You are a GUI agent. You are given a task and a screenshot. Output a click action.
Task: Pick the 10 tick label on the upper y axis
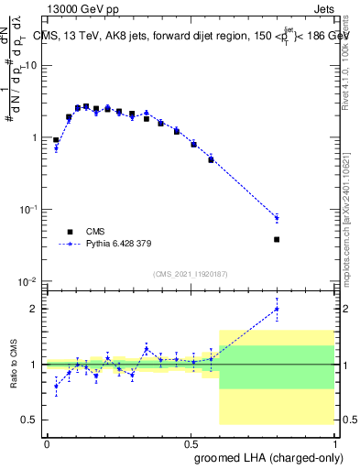tap(31, 66)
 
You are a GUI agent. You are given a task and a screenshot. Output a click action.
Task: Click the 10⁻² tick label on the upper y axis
tap(28, 281)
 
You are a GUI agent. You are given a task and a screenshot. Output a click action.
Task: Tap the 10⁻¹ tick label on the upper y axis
tap(28, 210)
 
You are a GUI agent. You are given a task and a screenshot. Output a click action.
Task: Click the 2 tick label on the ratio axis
tap(36, 309)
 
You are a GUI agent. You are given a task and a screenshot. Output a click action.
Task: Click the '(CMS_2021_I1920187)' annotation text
tap(189, 273)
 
